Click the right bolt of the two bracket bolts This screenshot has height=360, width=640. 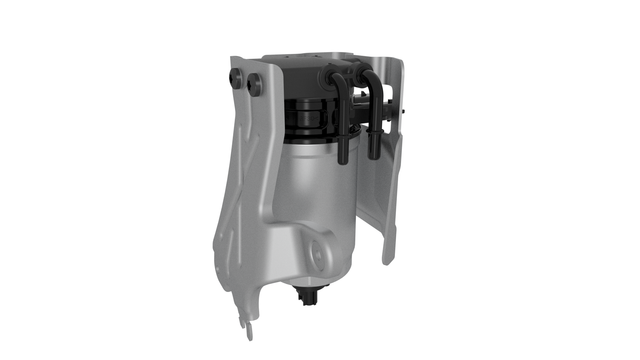pos(255,86)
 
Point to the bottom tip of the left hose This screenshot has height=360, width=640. pos(342,158)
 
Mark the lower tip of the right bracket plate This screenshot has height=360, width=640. pos(387,258)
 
